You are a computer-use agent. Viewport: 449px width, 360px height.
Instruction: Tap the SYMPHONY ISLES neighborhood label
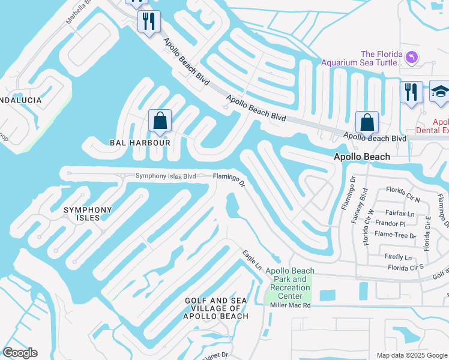point(88,214)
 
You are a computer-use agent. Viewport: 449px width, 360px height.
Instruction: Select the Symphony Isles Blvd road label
point(166,176)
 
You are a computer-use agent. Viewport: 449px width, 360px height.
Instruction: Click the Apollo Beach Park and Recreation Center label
point(290,283)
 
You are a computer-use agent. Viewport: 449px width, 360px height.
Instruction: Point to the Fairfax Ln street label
point(400,213)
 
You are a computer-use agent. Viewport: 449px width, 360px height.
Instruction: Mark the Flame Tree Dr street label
point(395,236)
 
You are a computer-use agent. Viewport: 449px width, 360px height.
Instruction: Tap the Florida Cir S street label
point(406,267)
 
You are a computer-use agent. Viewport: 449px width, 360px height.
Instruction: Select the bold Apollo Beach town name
point(362,157)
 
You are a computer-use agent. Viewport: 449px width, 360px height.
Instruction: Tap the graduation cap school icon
point(440,92)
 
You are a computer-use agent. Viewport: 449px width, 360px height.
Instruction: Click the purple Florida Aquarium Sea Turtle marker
point(411,58)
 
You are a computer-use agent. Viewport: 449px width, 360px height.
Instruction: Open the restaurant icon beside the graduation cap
point(411,92)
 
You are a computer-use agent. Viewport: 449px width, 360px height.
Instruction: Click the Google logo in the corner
point(20,353)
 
